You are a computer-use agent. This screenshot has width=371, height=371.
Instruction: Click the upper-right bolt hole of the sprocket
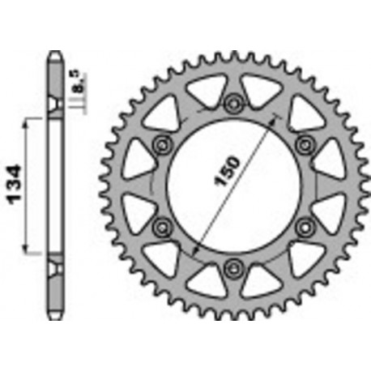(305, 143)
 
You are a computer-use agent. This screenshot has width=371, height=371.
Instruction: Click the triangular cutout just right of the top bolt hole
(260, 90)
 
